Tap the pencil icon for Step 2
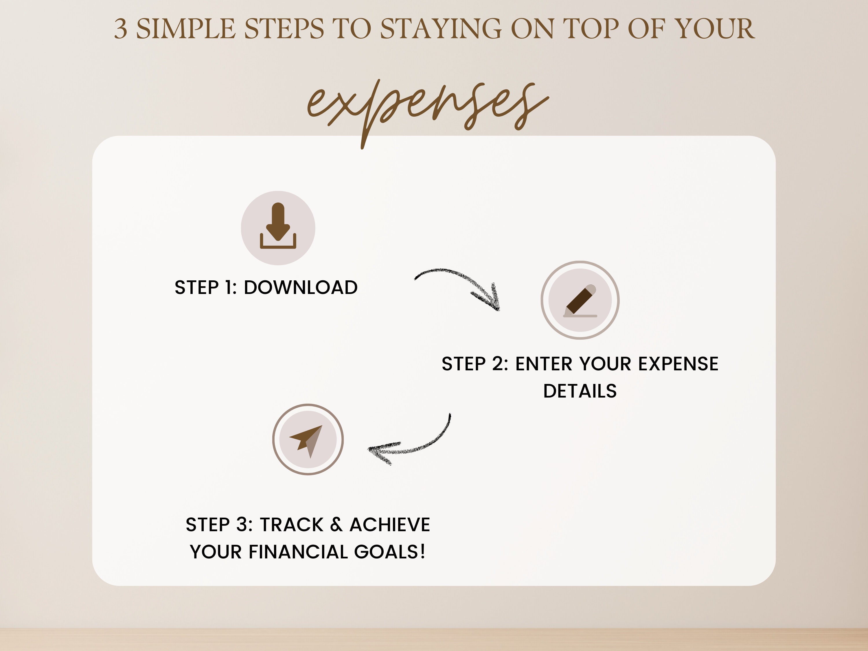[x=580, y=300]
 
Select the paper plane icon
[x=308, y=440]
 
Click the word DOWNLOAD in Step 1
[x=301, y=288]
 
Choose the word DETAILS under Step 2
[x=580, y=391]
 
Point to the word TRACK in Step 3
[x=292, y=525]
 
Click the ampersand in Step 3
[x=336, y=525]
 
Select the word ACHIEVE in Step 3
[x=390, y=525]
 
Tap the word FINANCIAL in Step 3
[x=298, y=552]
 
